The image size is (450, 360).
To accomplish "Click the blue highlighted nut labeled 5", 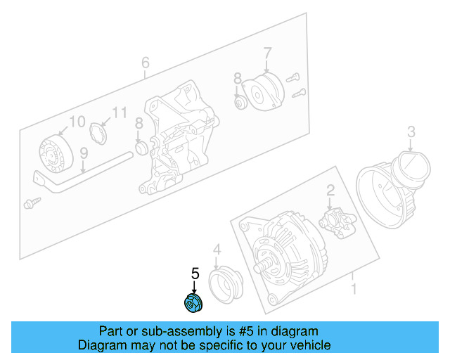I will pos(193,303).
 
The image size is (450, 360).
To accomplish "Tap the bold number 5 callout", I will pos(195,274).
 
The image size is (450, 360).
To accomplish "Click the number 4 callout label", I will pos(217,249).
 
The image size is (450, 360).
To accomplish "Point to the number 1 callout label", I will pos(354,288).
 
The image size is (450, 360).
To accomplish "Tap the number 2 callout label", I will pos(329,190).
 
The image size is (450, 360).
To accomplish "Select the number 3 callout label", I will pos(411,131).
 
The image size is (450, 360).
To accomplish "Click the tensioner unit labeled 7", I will pos(262,91).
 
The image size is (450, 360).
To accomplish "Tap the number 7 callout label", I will pos(267,52).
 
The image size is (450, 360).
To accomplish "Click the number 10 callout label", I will pos(77,120).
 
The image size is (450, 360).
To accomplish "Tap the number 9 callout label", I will pos(83,153).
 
